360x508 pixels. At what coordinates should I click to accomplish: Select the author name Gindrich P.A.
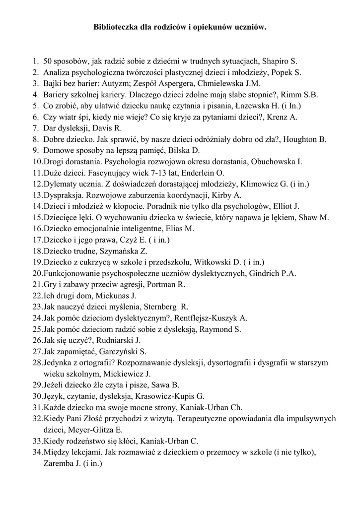[x=274, y=273]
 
